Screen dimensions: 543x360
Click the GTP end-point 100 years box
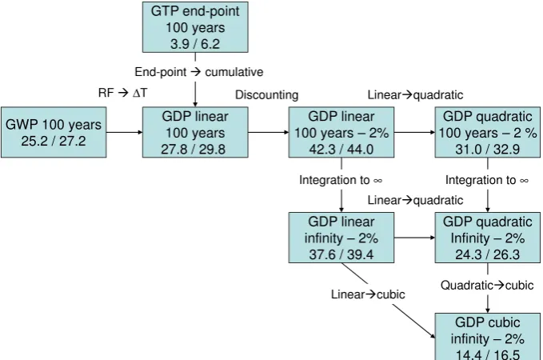pos(195,27)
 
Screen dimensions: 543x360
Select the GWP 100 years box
pos(54,132)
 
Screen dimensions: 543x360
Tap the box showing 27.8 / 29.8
pos(195,132)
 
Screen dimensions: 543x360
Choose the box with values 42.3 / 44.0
pos(341,132)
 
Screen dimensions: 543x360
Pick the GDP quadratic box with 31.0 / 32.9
pos(488,132)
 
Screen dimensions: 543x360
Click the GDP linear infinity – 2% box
pos(341,238)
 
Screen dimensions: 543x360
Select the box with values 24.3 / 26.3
pos(488,238)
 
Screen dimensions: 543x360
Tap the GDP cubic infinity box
pos(488,337)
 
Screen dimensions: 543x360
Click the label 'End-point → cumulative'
pos(199,72)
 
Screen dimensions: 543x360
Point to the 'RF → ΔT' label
pos(123,93)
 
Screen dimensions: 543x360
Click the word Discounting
pos(266,95)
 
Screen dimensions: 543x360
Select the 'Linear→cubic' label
pos(368,294)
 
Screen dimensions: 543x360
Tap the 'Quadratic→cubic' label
pos(487,285)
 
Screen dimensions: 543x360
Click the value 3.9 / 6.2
pos(195,44)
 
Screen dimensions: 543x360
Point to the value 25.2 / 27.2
pos(54,141)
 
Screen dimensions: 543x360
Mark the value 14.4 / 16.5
pos(488,354)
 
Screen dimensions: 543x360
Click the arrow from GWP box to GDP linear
pos(124,132)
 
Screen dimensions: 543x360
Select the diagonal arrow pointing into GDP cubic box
pos(389,301)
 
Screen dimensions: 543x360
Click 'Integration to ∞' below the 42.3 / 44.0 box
pos(341,180)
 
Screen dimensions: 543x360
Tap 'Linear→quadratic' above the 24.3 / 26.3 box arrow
pos(415,200)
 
